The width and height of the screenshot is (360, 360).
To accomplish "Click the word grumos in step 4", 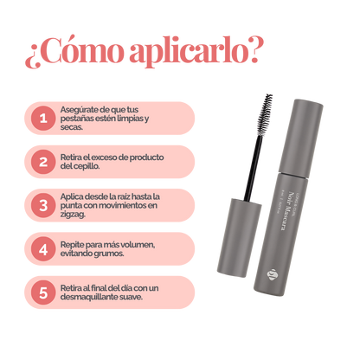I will coord(113,254).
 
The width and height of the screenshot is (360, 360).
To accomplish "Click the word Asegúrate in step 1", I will coord(81,108).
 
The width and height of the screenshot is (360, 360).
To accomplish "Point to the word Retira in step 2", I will coord(74,157).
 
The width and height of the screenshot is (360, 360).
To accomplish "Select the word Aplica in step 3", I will coord(74,196).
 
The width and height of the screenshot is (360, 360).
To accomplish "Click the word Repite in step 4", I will coord(74,245).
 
